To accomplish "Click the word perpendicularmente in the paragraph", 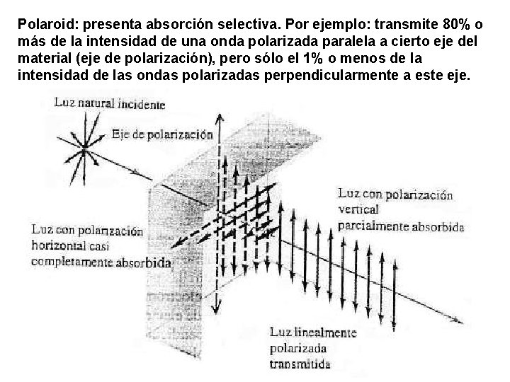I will pyautogui.click(x=329, y=77).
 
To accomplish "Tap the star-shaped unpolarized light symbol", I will pyautogui.click(x=84, y=148).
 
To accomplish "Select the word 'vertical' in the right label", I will pyautogui.click(x=359, y=209).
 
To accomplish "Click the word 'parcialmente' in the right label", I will pyautogui.click(x=374, y=226).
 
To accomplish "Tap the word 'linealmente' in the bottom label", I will pyautogui.click(x=324, y=332).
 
